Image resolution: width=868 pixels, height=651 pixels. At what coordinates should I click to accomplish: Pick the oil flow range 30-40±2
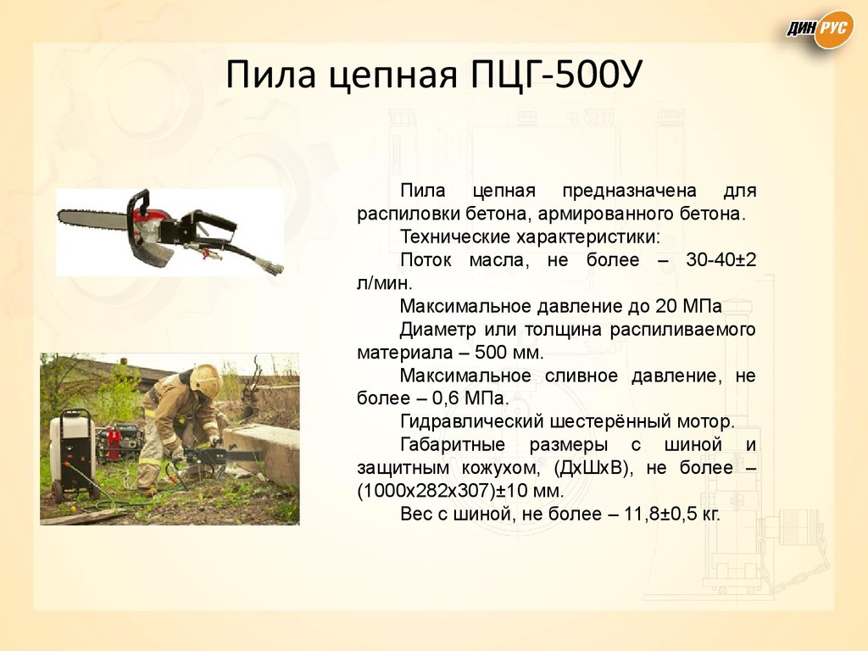(720, 260)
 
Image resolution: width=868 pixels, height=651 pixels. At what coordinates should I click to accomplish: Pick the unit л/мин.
(384, 283)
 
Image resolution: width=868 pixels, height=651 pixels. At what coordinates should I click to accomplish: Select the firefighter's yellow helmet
(206, 379)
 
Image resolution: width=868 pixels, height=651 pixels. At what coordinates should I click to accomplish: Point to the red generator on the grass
(118, 442)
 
